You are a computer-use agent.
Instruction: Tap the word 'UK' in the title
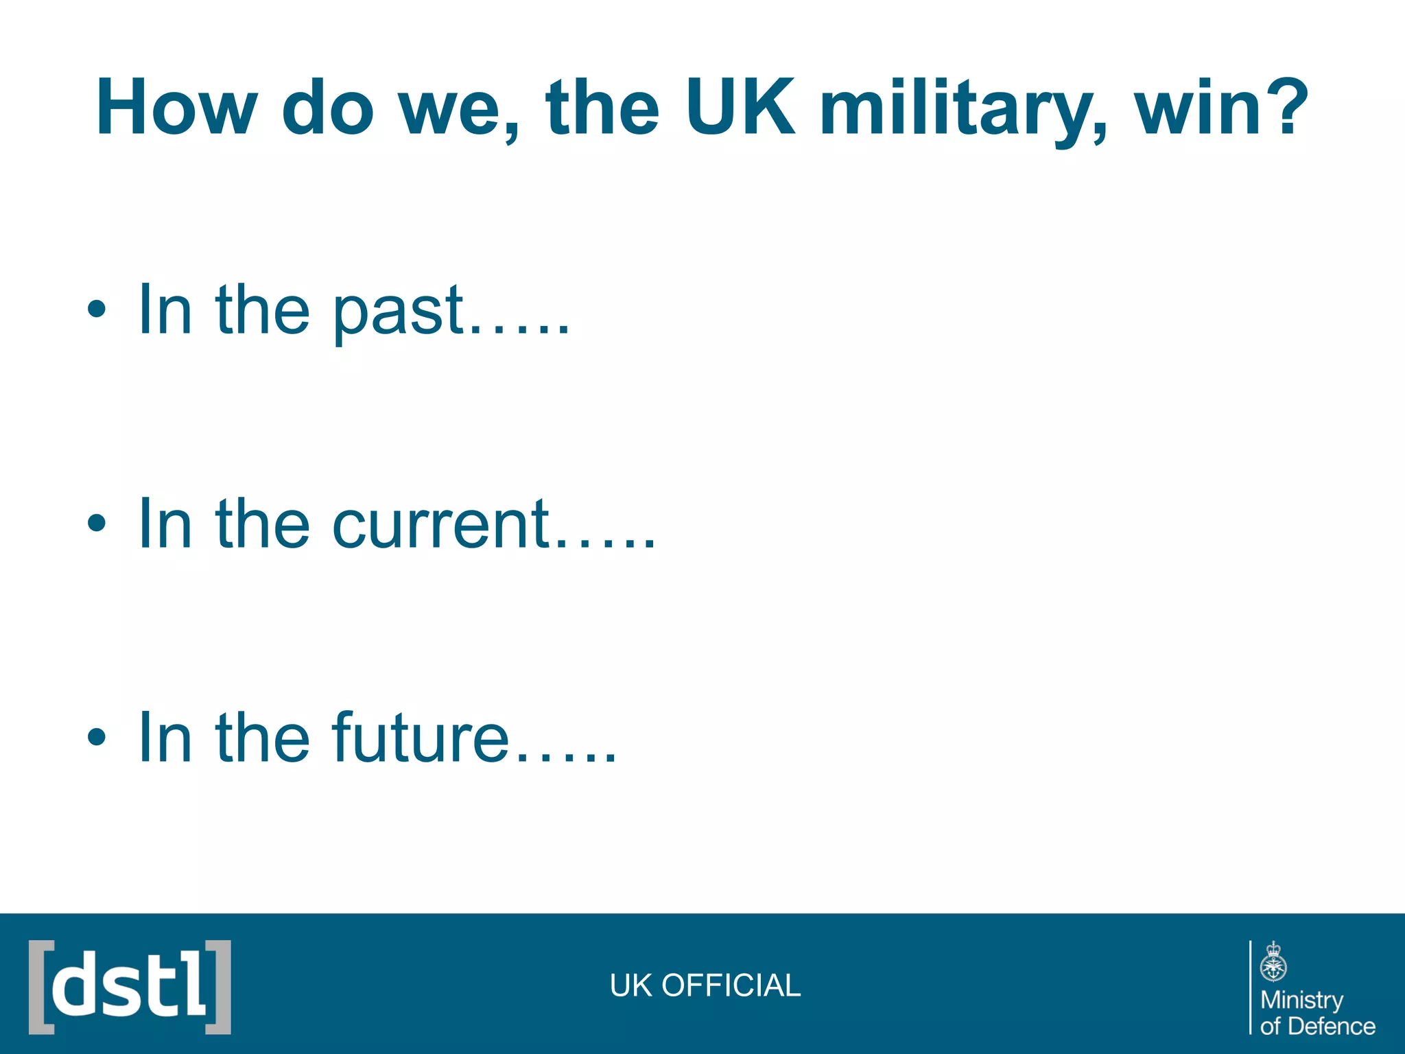pyautogui.click(x=740, y=107)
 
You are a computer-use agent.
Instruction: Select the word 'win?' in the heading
pyautogui.click(x=1221, y=107)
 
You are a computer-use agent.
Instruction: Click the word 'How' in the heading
pyautogui.click(x=176, y=107)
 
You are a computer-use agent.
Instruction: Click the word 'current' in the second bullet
pyautogui.click(x=442, y=524)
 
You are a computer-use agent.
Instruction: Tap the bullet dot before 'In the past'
pyautogui.click(x=97, y=309)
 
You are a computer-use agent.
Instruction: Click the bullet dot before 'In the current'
pyautogui.click(x=97, y=524)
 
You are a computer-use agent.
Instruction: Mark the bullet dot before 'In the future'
pyautogui.click(x=97, y=737)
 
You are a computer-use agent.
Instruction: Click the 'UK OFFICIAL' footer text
pyautogui.click(x=705, y=985)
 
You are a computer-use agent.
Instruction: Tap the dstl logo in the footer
pyautogui.click(x=130, y=987)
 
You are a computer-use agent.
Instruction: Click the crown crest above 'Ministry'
pyautogui.click(x=1273, y=962)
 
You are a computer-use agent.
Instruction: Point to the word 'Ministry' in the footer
pyautogui.click(x=1301, y=1000)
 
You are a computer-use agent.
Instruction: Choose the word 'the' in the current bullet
pyautogui.click(x=263, y=524)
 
